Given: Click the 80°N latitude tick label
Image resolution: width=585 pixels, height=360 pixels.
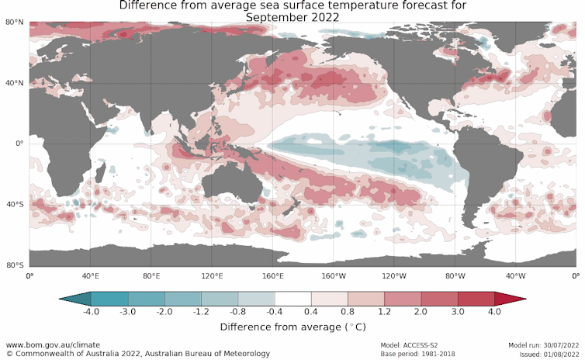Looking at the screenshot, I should [14, 22].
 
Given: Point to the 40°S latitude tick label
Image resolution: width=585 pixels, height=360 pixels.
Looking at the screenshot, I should [14, 204].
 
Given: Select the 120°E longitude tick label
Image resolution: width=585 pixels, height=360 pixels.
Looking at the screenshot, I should [212, 275].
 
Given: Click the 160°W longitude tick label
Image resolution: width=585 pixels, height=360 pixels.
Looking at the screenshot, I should [334, 275].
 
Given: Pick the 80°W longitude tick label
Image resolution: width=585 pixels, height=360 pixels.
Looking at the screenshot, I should [455, 275].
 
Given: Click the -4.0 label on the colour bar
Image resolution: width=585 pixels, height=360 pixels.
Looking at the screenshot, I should [92, 312].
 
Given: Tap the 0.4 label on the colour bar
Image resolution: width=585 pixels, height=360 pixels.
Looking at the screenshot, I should [311, 312].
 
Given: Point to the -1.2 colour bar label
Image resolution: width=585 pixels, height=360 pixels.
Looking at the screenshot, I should [201, 312].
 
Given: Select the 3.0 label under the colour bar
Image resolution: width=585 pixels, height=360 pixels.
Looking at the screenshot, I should [458, 312].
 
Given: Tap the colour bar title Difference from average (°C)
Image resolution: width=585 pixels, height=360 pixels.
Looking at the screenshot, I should [292, 327].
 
